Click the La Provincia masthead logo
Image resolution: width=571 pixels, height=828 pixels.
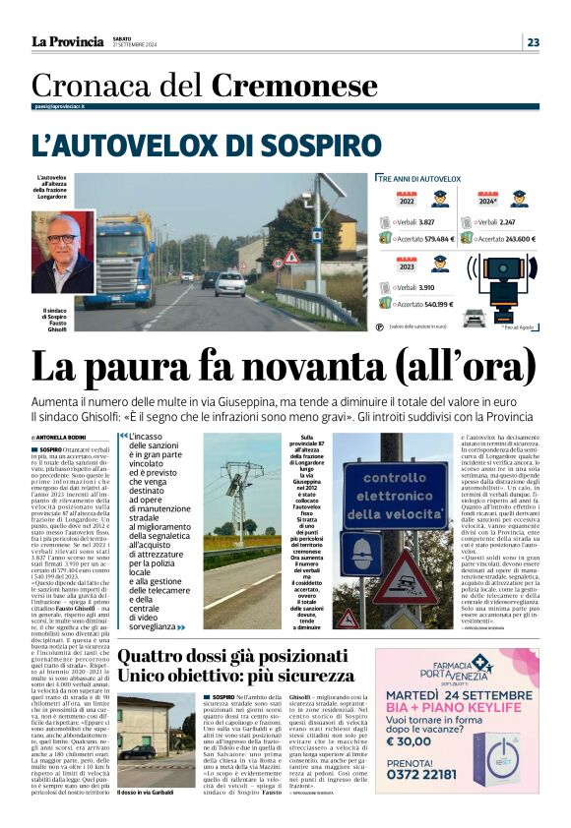tap(67, 41)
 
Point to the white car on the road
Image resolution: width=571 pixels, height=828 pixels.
tap(230, 284)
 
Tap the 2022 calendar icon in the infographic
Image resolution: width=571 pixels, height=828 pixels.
tap(407, 200)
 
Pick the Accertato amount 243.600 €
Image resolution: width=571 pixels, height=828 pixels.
tap(513, 239)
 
